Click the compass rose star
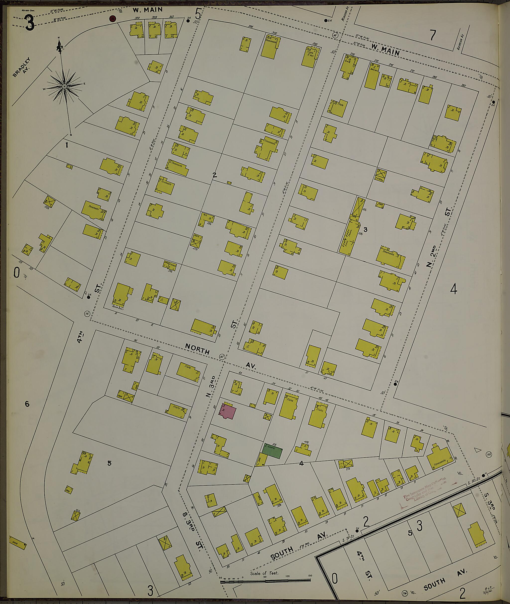[64, 86]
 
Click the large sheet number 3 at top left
[30, 23]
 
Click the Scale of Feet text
[264, 573]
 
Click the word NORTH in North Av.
[197, 349]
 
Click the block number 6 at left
[27, 404]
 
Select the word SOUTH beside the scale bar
[282, 553]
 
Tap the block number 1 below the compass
[67, 145]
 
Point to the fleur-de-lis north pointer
[60, 46]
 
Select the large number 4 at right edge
[454, 289]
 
